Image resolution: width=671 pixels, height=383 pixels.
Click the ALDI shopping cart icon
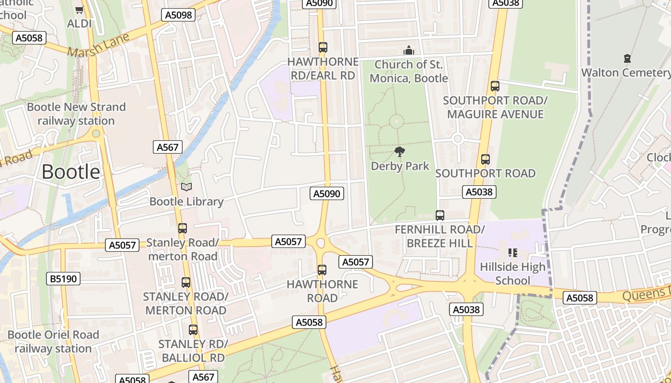pos(79,10)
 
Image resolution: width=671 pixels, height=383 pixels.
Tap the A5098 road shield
pos(178,15)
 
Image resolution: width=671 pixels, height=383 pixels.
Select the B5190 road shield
pos(64,279)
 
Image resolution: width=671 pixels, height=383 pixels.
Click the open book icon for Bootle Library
pos(186,187)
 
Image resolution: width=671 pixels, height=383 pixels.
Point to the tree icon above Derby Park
pos(400,152)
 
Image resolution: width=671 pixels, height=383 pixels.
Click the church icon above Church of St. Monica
pos(408,50)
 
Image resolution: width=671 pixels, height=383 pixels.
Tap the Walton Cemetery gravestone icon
pos(627,58)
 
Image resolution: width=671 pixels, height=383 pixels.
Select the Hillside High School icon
pos(513,252)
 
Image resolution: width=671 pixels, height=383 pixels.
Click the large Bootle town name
pos(71,171)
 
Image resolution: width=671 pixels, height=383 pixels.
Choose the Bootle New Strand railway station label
pos(76,113)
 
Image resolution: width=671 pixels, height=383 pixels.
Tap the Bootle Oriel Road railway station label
pos(53,341)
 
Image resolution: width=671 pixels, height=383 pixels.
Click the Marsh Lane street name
pos(99,45)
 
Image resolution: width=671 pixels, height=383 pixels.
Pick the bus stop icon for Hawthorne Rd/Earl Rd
pos(323,47)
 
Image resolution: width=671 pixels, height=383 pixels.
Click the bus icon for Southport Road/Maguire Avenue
pos(495,86)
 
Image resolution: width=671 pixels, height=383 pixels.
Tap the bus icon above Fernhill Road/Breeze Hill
pos(440,215)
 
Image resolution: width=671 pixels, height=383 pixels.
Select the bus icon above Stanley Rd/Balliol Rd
pos(193,330)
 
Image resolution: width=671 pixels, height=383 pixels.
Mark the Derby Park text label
pos(400,166)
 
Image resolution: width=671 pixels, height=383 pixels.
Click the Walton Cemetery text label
pos(625,73)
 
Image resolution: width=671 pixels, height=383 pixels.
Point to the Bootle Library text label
pos(186,202)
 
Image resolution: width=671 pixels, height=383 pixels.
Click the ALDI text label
pos(79,23)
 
